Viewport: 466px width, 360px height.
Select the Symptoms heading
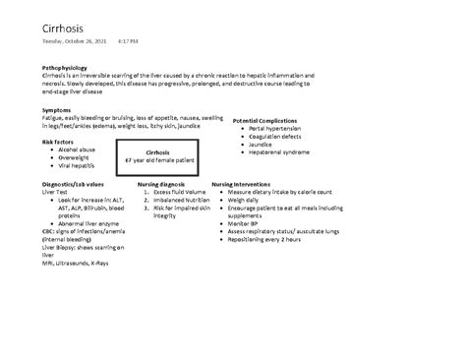[56, 111]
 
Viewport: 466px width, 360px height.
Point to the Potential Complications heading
[264, 120]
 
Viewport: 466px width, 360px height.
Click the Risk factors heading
[58, 142]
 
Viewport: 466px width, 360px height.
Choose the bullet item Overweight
[74, 157]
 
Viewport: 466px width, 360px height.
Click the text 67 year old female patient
[159, 160]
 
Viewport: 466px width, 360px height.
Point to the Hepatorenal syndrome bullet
[279, 152]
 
